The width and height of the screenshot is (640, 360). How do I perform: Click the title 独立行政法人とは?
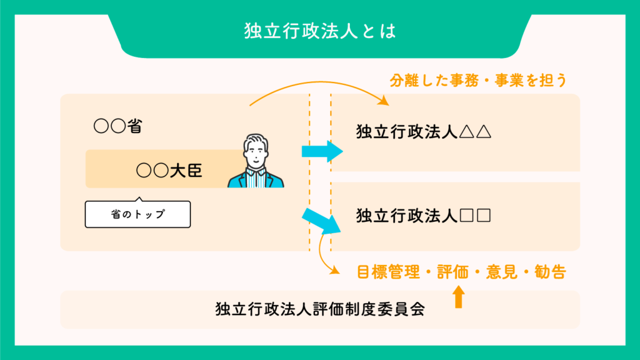[320, 31]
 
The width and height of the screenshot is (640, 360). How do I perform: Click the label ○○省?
[118, 126]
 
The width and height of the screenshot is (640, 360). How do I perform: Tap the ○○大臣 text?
[169, 170]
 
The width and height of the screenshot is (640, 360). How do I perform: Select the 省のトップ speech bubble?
[137, 213]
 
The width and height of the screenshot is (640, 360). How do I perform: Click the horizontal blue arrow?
[322, 151]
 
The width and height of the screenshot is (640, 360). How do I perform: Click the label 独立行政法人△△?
[424, 132]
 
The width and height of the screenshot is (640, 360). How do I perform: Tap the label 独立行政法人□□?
[424, 216]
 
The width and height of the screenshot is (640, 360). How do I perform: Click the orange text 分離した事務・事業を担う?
[478, 81]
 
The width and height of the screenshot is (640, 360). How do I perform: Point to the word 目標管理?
[388, 272]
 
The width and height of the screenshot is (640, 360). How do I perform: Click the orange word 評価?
[452, 272]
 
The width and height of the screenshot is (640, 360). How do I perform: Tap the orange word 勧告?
[550, 272]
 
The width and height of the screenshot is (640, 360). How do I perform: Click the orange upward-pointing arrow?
[459, 297]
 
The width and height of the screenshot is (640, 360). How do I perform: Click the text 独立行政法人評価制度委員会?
[320, 309]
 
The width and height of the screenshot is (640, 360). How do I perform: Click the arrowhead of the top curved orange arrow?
[384, 101]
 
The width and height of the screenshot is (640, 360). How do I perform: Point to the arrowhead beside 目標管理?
[335, 270]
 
